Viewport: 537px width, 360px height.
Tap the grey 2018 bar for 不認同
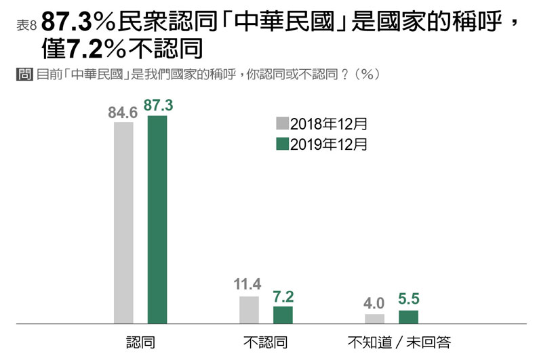pos(249,311)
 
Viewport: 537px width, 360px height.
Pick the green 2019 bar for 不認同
pos(283,315)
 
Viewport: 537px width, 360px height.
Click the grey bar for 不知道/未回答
pos(374,319)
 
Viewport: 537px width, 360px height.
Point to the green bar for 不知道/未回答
pos(408,317)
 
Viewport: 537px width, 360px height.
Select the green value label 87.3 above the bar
pos(157,106)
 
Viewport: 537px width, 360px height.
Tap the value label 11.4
pos(248,285)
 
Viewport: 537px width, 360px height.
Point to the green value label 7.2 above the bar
pos(283,296)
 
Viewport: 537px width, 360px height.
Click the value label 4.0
pos(374,304)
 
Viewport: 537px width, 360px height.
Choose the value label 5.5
pos(408,300)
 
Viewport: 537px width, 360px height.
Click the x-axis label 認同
pos(140,342)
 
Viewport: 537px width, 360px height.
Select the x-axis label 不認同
pos(265,342)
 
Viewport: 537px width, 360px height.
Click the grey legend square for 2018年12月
pos(282,123)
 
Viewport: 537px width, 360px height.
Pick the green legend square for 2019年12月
pos(282,144)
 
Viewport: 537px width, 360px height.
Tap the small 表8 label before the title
pos(25,25)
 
